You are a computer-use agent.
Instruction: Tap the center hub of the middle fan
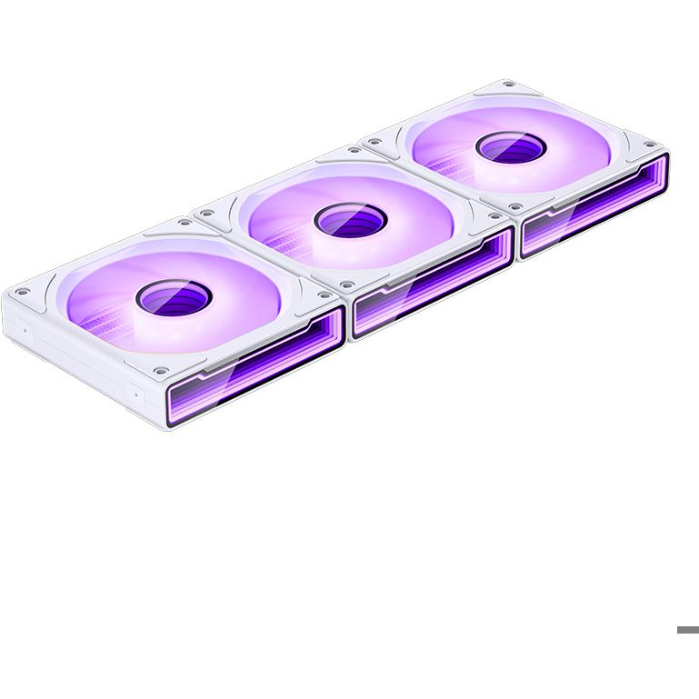tap(350, 218)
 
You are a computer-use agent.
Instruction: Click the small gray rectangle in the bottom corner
tap(687, 630)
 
